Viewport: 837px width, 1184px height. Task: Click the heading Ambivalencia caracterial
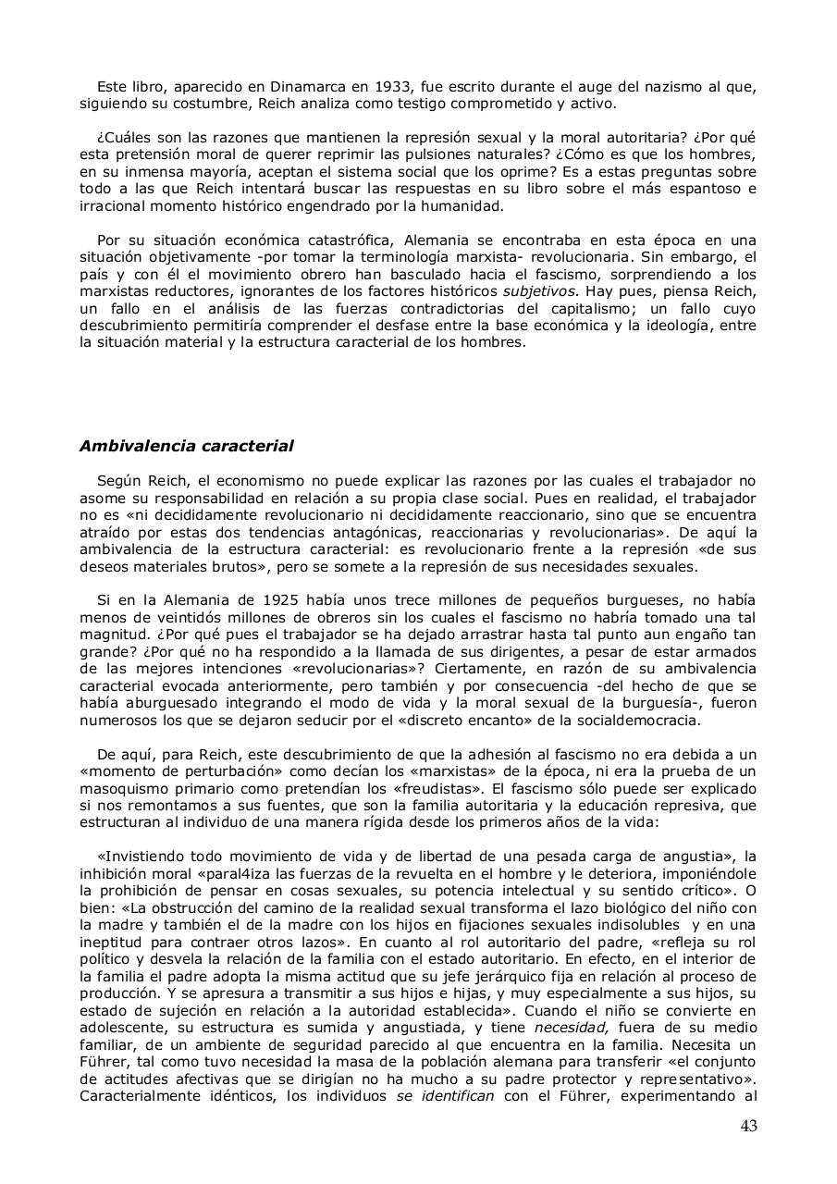pyautogui.click(x=186, y=446)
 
